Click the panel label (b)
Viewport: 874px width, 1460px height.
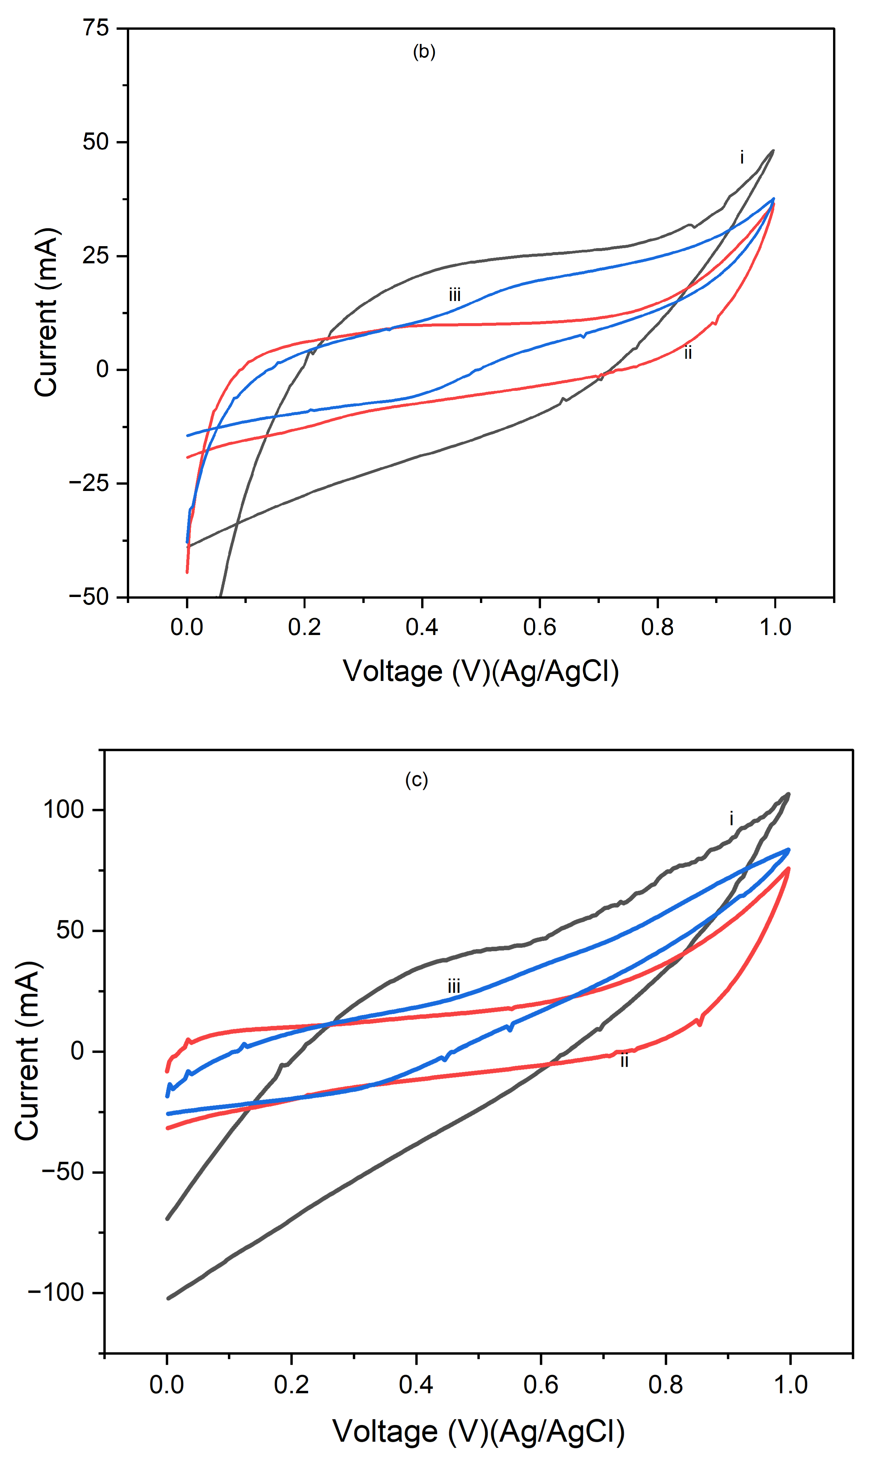click(x=424, y=52)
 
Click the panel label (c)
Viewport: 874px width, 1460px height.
click(x=417, y=780)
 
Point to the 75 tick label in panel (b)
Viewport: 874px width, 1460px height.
click(x=95, y=28)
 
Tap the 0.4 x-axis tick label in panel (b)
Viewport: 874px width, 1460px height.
click(x=422, y=627)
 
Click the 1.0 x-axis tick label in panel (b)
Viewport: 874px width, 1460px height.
click(x=775, y=627)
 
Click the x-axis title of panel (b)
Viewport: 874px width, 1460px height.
click(x=481, y=671)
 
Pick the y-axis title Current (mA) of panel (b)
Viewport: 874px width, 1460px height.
click(x=46, y=312)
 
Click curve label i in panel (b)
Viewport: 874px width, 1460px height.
click(x=742, y=158)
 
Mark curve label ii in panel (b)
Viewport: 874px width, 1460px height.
click(x=687, y=354)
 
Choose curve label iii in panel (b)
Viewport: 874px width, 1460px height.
click(x=454, y=294)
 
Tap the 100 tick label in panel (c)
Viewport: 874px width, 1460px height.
click(x=64, y=810)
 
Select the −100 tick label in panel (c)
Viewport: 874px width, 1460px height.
click(x=56, y=1293)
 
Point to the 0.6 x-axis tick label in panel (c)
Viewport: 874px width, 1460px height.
click(x=541, y=1384)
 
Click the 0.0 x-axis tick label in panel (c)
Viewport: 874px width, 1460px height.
click(x=167, y=1384)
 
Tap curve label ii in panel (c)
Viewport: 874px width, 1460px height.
click(x=624, y=1061)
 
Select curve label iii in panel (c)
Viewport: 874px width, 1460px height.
click(x=454, y=987)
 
